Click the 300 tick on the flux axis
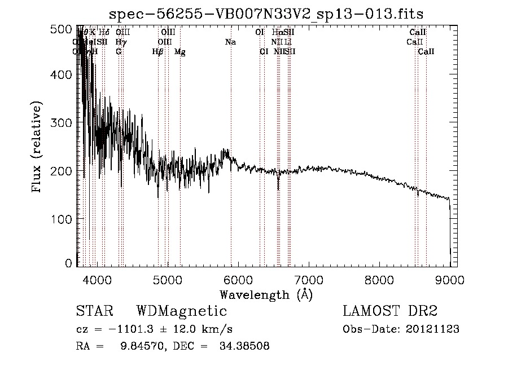(64, 123)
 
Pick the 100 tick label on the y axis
(64, 218)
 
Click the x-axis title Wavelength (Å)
(266, 294)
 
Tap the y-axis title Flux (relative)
(37, 148)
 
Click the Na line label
(230, 42)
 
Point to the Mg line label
(179, 52)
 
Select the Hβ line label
(158, 52)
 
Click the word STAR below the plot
(93, 311)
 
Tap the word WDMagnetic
(181, 311)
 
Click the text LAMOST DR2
(390, 311)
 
